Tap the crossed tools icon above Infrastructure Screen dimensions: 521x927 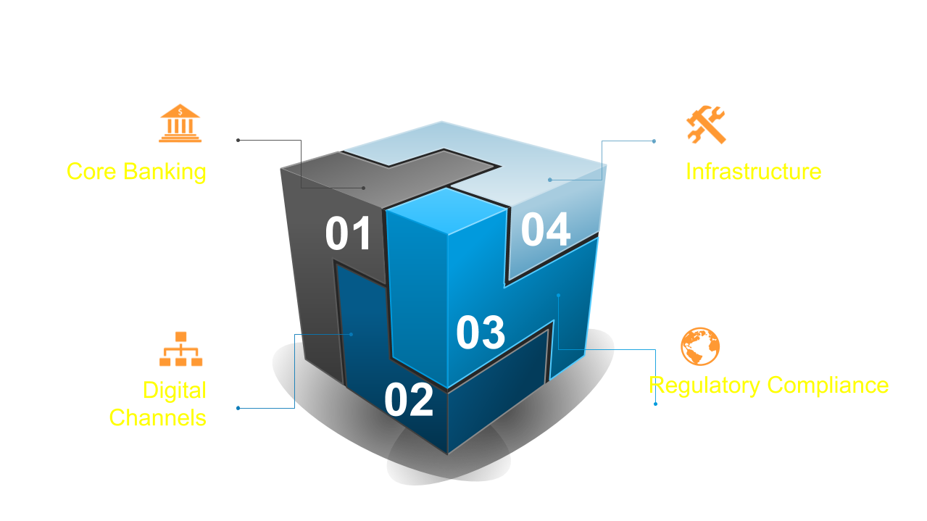706,125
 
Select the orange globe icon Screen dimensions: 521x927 700,346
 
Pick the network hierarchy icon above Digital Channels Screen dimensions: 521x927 181,349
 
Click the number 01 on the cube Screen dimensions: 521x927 348,234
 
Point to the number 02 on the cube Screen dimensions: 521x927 409,400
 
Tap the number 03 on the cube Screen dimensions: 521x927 481,332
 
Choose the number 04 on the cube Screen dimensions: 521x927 546,230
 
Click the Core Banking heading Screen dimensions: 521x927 136,172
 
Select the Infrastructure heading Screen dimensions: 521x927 753,172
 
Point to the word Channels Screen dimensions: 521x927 157,418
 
